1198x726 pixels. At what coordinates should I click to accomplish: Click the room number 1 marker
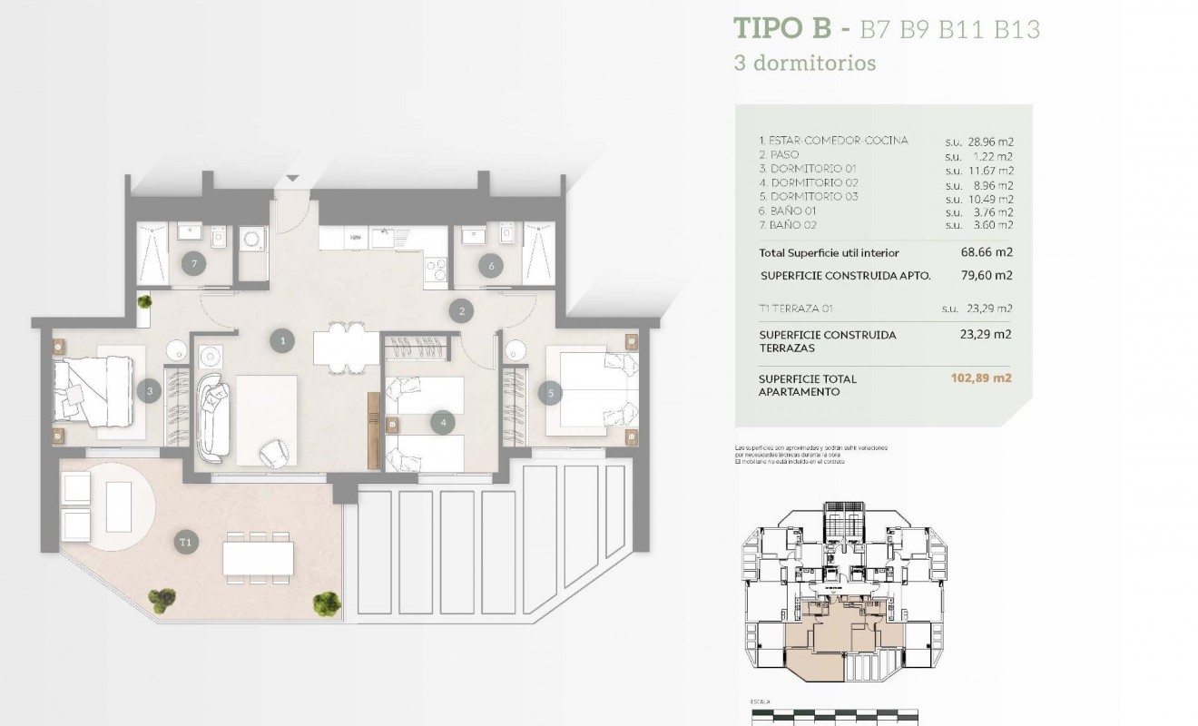[283, 341]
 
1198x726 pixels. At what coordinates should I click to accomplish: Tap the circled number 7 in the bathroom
[192, 265]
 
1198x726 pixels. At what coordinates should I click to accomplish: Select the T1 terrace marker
[186, 543]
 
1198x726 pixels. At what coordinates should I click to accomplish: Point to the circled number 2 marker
[462, 311]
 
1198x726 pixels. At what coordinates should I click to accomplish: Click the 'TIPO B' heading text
[781, 29]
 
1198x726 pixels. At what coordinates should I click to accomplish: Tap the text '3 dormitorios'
[804, 64]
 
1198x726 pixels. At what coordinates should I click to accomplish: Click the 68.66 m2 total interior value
[986, 253]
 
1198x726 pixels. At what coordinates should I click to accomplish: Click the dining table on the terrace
[258, 557]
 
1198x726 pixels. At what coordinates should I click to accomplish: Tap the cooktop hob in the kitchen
[436, 269]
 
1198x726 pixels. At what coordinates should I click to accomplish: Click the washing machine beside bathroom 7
[250, 240]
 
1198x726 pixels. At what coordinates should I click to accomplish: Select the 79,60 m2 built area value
[986, 276]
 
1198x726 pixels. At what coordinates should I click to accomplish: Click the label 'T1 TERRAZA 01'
[796, 309]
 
